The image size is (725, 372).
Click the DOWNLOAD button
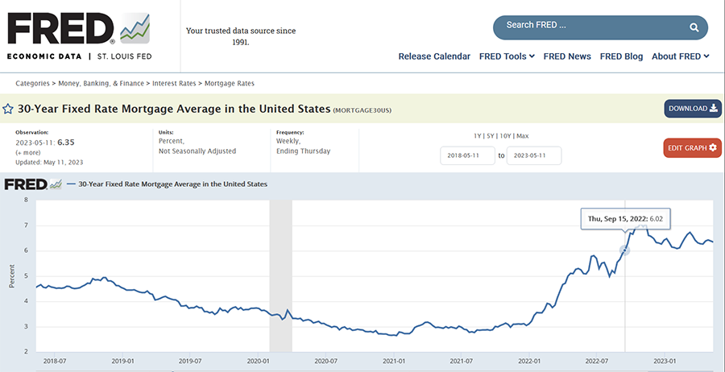pos(692,109)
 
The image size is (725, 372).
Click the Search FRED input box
pos(588,26)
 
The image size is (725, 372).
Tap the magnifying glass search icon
pos(694,27)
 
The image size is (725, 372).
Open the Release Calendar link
pos(434,56)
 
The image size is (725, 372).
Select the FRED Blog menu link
pos(621,56)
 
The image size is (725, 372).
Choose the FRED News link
pos(567,56)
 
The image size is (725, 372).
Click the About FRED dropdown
pos(680,56)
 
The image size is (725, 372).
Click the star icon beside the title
pos(8,109)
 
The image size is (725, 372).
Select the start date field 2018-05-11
pos(467,155)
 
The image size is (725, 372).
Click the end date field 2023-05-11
pos(534,155)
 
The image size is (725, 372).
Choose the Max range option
pos(522,136)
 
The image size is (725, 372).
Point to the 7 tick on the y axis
pos(26,225)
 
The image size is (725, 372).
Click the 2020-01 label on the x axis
pos(257,362)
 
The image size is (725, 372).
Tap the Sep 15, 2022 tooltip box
pos(626,218)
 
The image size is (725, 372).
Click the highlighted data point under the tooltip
pos(625,250)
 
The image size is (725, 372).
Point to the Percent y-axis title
pos(11,275)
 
